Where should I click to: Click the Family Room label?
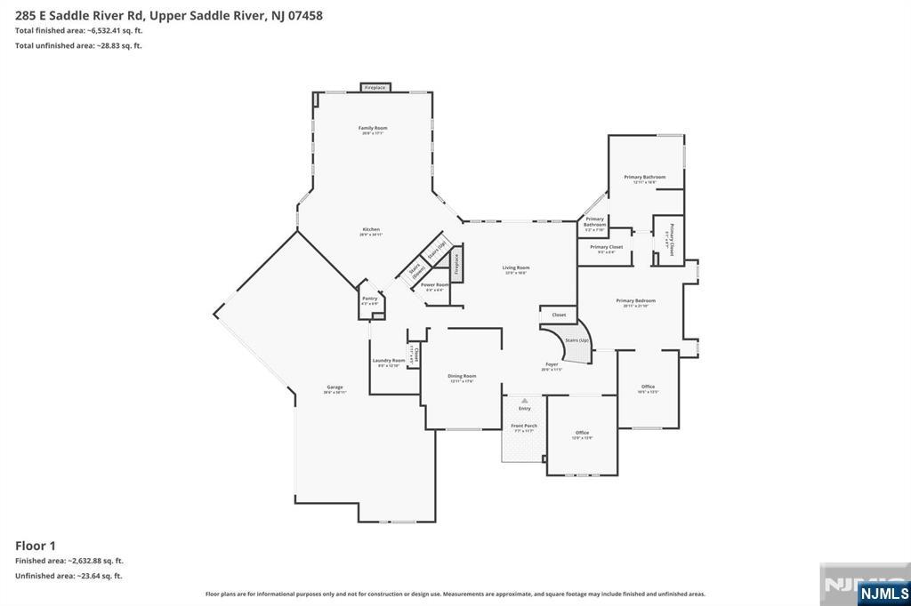click(373, 128)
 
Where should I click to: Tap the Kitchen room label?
click(371, 229)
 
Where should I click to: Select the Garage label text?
click(335, 387)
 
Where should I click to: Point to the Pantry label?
click(369, 299)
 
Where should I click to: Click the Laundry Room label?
click(388, 361)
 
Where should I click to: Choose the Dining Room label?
click(462, 376)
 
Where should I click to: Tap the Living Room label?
click(516, 267)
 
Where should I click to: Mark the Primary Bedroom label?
click(636, 301)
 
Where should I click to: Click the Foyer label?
click(552, 364)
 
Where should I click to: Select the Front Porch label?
click(524, 426)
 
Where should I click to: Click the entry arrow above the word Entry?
click(524, 401)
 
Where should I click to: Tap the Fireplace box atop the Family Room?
click(375, 88)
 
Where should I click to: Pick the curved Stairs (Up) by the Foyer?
click(574, 343)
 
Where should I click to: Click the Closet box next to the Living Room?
click(559, 315)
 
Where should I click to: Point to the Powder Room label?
click(436, 285)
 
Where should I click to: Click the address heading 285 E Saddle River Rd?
click(168, 15)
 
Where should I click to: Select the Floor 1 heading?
click(36, 546)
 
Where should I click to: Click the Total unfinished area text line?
click(78, 45)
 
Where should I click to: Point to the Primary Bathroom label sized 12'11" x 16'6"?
click(645, 178)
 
